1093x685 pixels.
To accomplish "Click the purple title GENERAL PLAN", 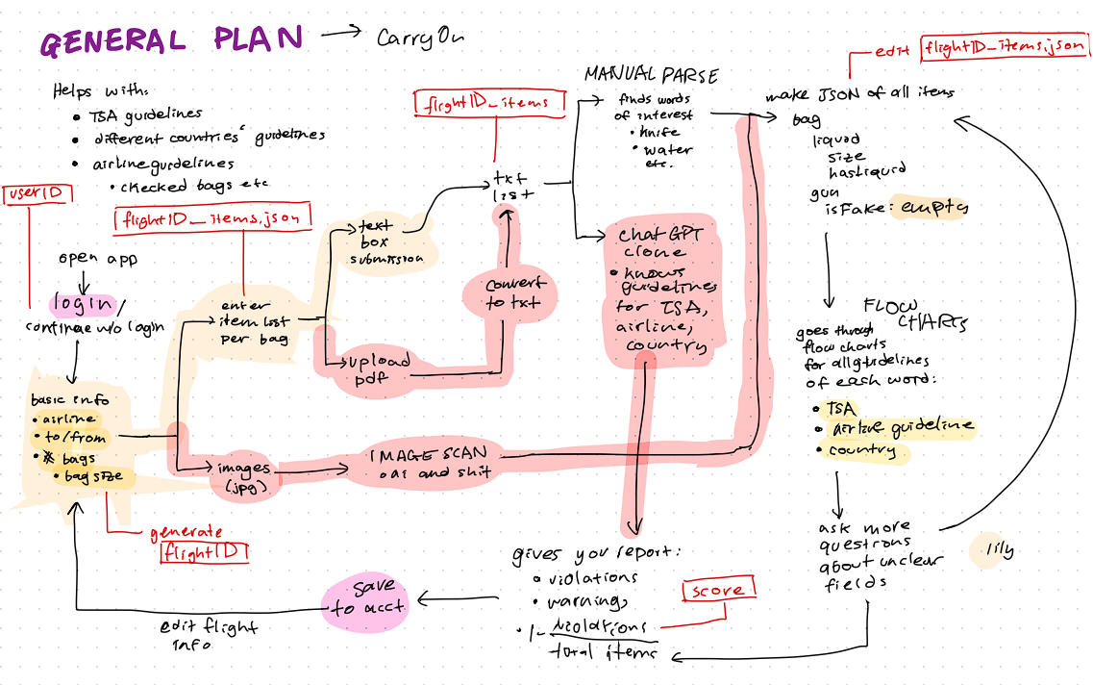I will [171, 40].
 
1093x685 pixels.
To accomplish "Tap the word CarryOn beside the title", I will [420, 38].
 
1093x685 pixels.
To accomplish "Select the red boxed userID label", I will [36, 193].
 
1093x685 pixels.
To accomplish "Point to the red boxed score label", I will [717, 590].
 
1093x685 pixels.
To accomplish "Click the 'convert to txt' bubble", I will [513, 292].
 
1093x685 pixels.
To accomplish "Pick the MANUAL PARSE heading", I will [651, 75].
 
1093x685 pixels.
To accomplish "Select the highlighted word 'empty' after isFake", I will [929, 208].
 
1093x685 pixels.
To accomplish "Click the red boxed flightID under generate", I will [204, 553].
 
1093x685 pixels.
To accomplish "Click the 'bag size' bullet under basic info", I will [93, 476].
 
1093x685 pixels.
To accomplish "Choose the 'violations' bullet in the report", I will [591, 577].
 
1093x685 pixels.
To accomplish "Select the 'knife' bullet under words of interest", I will [658, 133].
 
